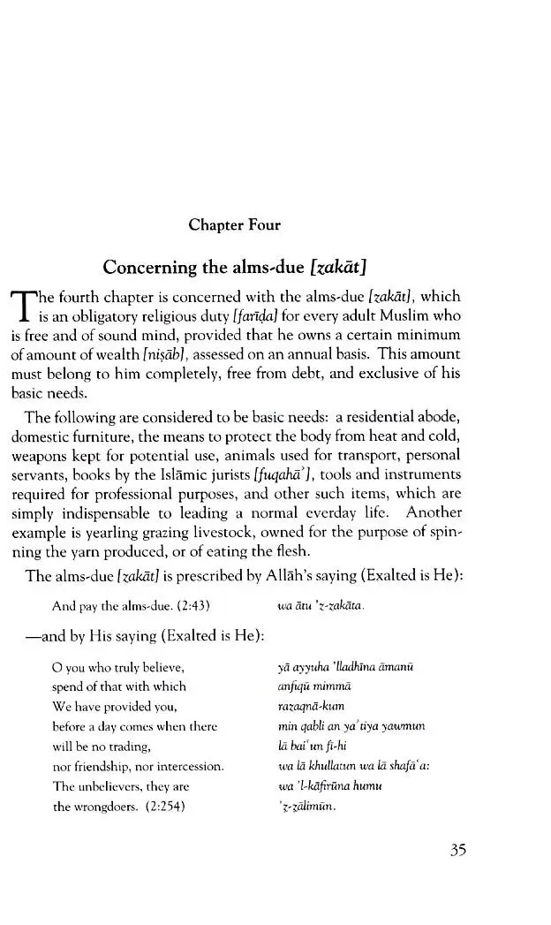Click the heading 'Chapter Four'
click(x=234, y=225)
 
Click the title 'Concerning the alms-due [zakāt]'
click(x=235, y=266)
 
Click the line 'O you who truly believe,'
click(x=117, y=667)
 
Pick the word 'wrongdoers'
click(x=103, y=807)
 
